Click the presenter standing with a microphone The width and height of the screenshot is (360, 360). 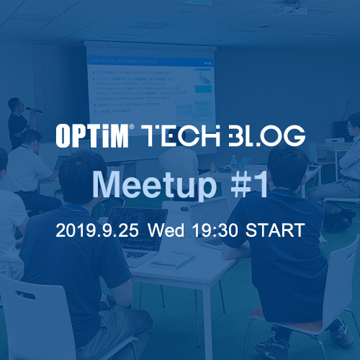click(17, 119)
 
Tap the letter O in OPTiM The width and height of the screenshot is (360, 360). click(64, 135)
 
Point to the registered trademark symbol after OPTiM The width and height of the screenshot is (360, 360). click(131, 127)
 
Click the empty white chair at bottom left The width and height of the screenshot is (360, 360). click(36, 317)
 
